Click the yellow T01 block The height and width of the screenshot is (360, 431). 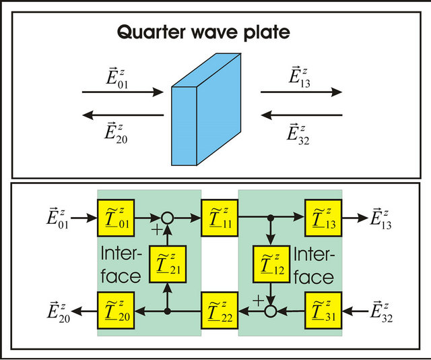click(116, 218)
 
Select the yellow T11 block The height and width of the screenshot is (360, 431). click(220, 218)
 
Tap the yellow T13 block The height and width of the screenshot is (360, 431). click(323, 218)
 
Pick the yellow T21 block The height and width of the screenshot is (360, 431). click(168, 264)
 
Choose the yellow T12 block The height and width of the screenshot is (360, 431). click(271, 264)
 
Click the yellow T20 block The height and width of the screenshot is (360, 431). click(116, 311)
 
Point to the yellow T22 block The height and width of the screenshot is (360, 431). click(220, 311)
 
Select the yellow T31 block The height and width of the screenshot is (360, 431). click(323, 311)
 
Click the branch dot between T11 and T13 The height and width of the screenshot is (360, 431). click(271, 218)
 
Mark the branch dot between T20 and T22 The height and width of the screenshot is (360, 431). click(168, 311)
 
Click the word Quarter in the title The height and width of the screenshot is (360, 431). click(151, 32)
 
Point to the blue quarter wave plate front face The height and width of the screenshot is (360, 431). click(184, 126)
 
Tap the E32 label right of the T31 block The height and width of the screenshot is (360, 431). click(381, 312)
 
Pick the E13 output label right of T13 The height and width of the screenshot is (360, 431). click(380, 219)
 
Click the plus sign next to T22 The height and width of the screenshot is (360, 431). click(258, 301)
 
